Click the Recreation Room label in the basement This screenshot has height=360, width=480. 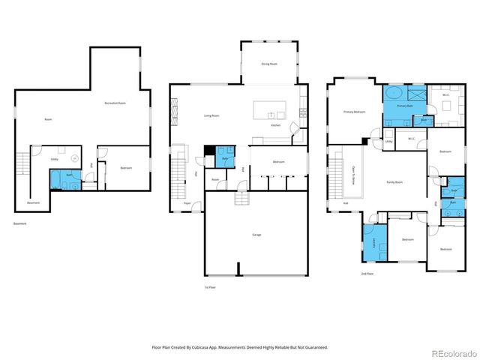[x=115, y=102]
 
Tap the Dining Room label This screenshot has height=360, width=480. [x=270, y=64]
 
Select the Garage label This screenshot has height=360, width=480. [x=256, y=235]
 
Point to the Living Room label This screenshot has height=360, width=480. [x=211, y=115]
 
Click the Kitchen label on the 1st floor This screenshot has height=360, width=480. [x=275, y=125]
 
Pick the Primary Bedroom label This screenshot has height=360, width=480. [x=354, y=112]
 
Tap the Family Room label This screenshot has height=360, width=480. [x=395, y=182]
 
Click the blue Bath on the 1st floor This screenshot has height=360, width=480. [x=226, y=159]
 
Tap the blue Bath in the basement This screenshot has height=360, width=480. [x=67, y=178]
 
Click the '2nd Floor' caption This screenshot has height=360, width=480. [x=366, y=274]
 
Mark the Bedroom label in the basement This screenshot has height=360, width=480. [x=125, y=168]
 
